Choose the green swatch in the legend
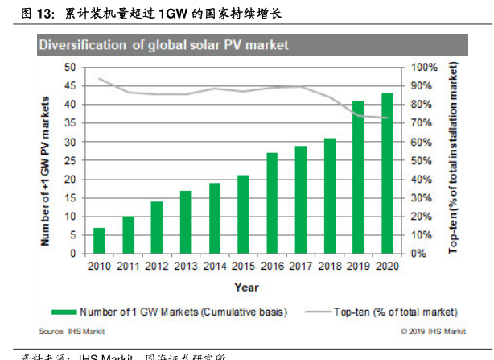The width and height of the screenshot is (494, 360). [74, 311]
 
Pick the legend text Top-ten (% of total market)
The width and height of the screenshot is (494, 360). [395, 311]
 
